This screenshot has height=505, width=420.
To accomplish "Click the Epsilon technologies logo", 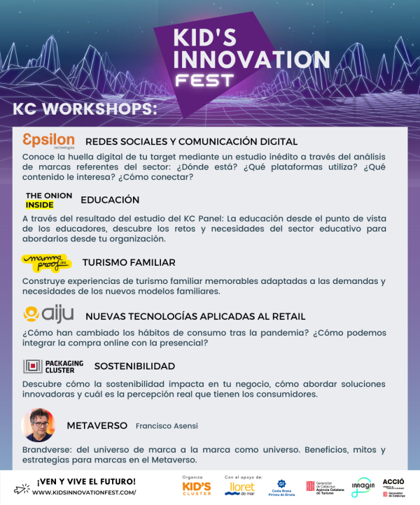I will click(48, 140).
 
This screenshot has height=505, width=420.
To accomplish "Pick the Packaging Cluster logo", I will click(53, 366).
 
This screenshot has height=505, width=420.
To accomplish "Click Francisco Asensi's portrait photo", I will click(38, 424).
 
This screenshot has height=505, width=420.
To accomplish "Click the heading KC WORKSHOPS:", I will click(85, 110).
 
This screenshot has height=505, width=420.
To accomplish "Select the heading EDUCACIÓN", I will click(110, 200).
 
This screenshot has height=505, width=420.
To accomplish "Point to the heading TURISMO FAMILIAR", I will click(128, 262).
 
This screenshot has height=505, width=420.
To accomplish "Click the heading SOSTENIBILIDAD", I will click(134, 366).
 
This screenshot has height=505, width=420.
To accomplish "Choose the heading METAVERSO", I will click(97, 425).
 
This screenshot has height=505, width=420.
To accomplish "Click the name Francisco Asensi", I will click(166, 426).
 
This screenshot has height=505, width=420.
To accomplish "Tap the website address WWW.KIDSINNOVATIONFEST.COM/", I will click(85, 492).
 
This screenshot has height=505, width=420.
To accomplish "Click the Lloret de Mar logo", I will click(239, 488).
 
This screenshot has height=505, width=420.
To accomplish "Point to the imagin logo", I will click(363, 487).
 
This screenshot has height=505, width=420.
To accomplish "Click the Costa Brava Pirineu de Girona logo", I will click(281, 488).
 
